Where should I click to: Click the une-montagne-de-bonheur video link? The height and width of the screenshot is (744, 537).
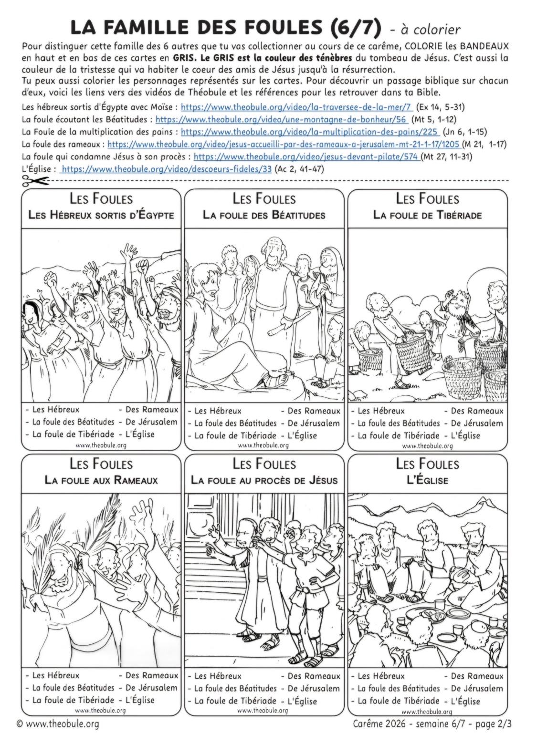[x=281, y=119]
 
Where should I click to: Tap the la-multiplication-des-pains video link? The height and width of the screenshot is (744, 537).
[x=310, y=132]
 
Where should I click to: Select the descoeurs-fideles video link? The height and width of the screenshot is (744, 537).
[x=167, y=169]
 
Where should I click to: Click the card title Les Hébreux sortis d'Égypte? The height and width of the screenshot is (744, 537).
[x=101, y=215]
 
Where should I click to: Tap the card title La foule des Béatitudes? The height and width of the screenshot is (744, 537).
[x=264, y=215]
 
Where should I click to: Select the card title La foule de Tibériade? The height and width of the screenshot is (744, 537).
[x=427, y=215]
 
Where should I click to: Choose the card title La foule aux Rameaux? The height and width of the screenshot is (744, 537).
[x=101, y=480]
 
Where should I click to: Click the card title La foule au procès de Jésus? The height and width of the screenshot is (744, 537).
[x=264, y=480]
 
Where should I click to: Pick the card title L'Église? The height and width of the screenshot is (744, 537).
[x=427, y=480]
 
